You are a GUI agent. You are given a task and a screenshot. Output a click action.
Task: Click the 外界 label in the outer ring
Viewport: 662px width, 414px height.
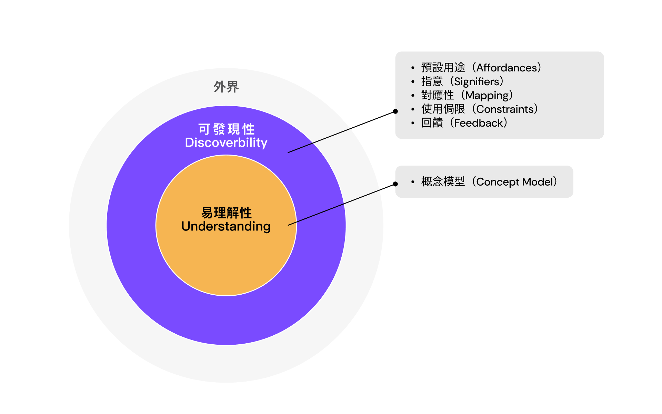tap(226, 87)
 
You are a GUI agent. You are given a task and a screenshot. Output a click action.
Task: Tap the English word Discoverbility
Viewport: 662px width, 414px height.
tap(226, 142)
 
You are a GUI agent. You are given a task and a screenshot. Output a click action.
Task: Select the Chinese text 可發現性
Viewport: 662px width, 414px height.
tap(226, 129)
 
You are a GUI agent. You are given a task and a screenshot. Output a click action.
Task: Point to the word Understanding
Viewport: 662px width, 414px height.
tap(226, 226)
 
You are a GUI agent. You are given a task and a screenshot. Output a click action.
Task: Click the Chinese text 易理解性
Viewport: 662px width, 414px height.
tap(226, 213)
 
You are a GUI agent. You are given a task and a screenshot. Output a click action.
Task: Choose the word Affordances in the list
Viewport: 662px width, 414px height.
tap(506, 68)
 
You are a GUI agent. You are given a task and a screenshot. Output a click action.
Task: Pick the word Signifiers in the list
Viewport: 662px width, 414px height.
tap(477, 81)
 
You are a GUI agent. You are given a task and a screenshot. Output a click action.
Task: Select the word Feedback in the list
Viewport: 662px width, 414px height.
tap(478, 123)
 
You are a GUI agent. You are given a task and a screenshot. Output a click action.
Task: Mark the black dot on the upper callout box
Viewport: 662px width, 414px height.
tap(395, 111)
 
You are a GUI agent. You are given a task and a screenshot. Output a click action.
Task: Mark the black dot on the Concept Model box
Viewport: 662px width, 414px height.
tap(395, 184)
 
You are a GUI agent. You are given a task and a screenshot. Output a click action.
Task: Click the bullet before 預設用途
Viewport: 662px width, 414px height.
tap(413, 68)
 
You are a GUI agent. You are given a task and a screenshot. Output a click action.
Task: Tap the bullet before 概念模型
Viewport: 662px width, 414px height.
tap(413, 182)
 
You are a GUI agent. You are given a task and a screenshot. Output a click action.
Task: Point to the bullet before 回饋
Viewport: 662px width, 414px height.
tap(413, 123)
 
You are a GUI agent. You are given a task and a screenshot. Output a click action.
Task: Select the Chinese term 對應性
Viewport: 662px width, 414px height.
tap(438, 95)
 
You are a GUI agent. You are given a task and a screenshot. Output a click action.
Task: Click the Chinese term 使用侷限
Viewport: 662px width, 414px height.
tap(443, 109)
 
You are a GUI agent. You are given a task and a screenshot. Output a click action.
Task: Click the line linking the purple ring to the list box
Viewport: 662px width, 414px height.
tap(341, 132)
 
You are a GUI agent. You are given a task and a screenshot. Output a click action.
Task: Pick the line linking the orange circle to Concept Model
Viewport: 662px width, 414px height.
tap(341, 205)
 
